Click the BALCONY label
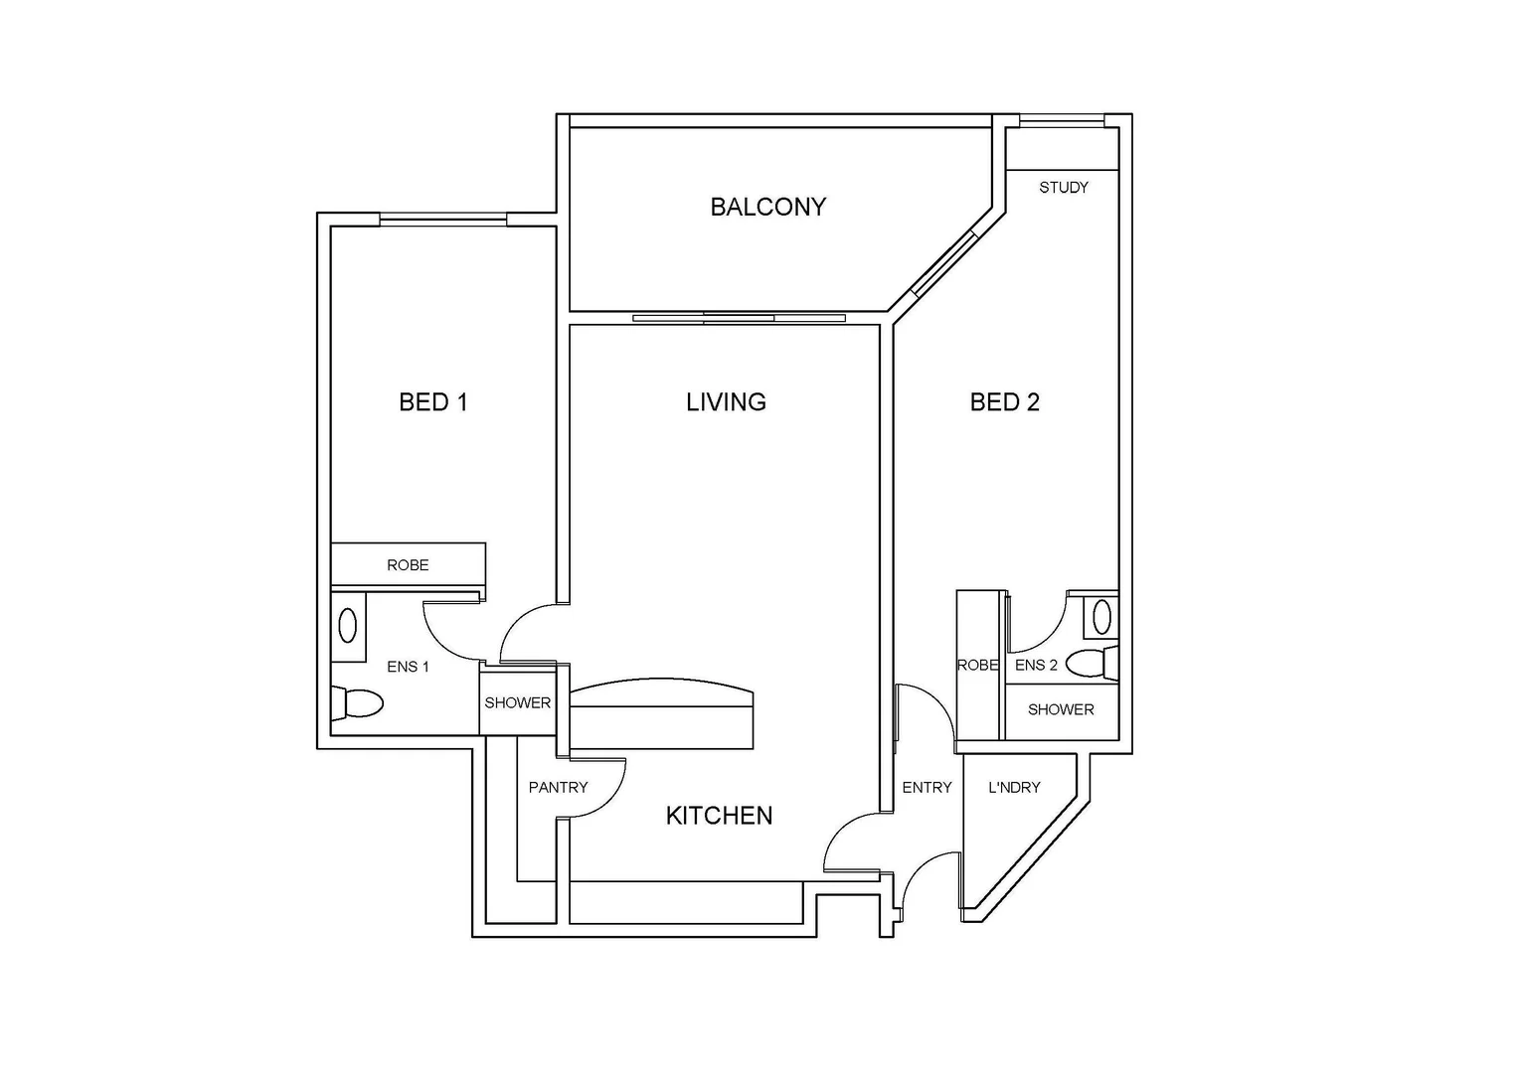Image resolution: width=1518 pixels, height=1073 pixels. pos(767,207)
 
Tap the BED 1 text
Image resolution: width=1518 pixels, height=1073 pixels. pos(432,402)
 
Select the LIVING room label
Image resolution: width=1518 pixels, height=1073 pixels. pos(726,402)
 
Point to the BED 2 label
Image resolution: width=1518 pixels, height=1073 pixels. pos(1004,402)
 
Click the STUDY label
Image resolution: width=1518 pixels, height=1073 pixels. pos(1063,187)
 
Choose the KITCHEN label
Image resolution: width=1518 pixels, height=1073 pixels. pos(719,816)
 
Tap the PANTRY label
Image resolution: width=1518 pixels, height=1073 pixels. pos(558,787)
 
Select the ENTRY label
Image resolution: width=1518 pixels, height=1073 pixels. pos(927,787)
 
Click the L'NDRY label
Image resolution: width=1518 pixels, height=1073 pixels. pos(1014,787)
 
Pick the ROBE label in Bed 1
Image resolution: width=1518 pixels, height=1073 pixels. pos(408,565)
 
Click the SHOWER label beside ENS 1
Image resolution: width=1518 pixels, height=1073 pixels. pos(517,702)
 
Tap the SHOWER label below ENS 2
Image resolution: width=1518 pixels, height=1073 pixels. pos(1061,709)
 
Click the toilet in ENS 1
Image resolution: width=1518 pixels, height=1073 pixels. pos(359,703)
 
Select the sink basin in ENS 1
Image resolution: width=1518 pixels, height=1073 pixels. pos(348,626)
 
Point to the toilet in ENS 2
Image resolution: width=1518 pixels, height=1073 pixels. pos(1093,663)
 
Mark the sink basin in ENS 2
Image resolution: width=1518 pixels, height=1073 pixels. pos(1101,617)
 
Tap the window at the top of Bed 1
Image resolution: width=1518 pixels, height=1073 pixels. pos(442,220)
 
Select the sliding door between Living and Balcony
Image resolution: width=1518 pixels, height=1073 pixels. pos(739,318)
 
